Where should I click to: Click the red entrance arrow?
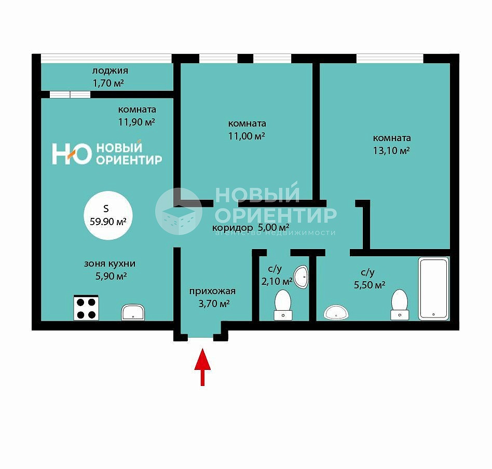pyautogui.click(x=202, y=366)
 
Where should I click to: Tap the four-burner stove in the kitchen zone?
pyautogui.click(x=86, y=308)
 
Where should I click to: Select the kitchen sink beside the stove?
pyautogui.click(x=133, y=312)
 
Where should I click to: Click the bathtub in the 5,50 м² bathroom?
pyautogui.click(x=433, y=288)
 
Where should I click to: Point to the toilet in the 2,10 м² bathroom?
pyautogui.click(x=283, y=305)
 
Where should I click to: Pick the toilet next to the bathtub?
pyautogui.click(x=400, y=305)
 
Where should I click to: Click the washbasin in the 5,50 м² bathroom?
pyautogui.click(x=336, y=312)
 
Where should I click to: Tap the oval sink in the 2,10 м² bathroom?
pyautogui.click(x=301, y=277)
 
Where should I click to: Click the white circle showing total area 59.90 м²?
pyautogui.click(x=108, y=215)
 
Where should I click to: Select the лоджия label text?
pyautogui.click(x=110, y=71)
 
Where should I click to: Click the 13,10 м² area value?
pyautogui.click(x=391, y=151)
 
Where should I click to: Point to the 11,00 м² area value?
pyautogui.click(x=247, y=136)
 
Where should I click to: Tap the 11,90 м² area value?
pyautogui.click(x=136, y=122)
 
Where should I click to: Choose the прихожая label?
pyautogui.click(x=212, y=292)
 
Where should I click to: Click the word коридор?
pyautogui.click(x=233, y=228)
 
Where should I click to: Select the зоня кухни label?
pyautogui.click(x=110, y=264)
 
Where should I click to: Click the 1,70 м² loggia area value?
pyautogui.click(x=108, y=83)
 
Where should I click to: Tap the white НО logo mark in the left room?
pyautogui.click(x=72, y=154)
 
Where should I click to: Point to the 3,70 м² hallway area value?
pyautogui.click(x=214, y=304)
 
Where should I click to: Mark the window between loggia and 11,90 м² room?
pyautogui.click(x=70, y=94)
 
